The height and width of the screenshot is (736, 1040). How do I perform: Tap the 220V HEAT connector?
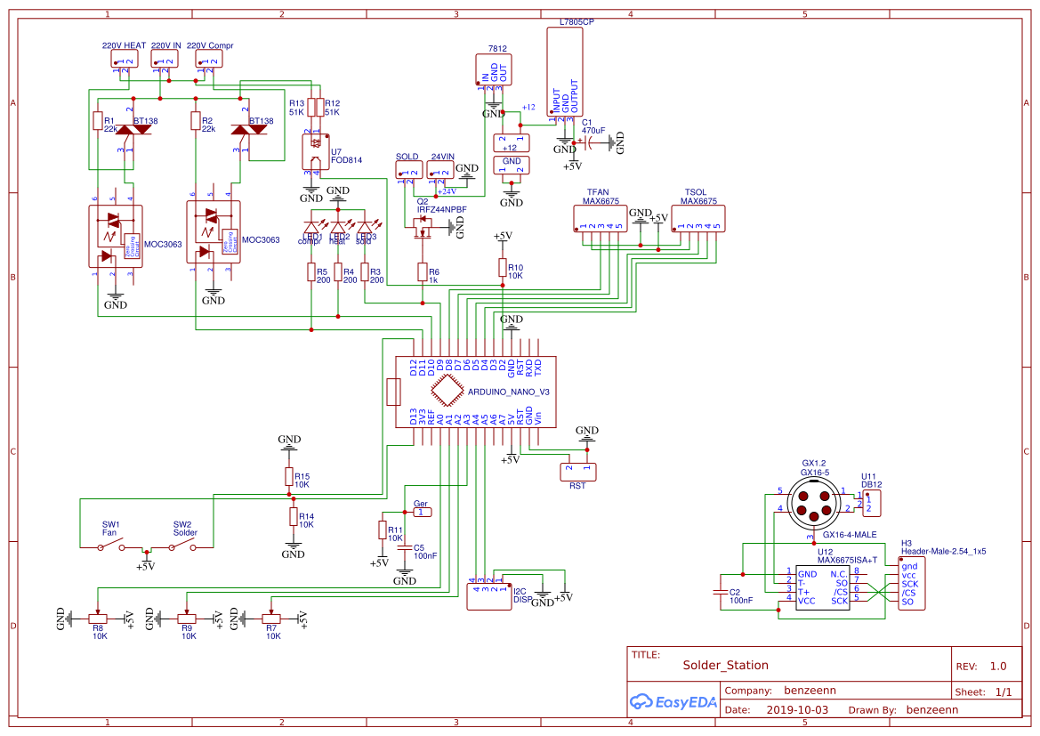(x=124, y=60)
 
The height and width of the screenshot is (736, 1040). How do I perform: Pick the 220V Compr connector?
(x=210, y=60)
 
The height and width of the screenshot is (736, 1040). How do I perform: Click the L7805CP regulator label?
(x=576, y=20)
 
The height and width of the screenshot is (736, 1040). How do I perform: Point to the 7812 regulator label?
(x=497, y=49)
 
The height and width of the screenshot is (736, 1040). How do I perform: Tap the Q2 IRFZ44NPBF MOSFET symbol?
(x=423, y=228)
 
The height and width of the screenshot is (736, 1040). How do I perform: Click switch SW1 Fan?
(x=110, y=544)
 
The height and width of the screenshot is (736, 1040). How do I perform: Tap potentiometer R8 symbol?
(x=100, y=618)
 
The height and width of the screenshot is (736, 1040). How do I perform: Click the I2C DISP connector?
(x=488, y=597)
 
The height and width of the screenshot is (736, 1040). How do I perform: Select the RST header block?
(x=577, y=471)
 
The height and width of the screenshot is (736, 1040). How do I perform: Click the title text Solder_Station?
(x=725, y=665)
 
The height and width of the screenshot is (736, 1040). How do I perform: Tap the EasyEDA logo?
(x=673, y=701)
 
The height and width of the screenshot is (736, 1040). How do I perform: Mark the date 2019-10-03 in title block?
(x=796, y=710)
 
